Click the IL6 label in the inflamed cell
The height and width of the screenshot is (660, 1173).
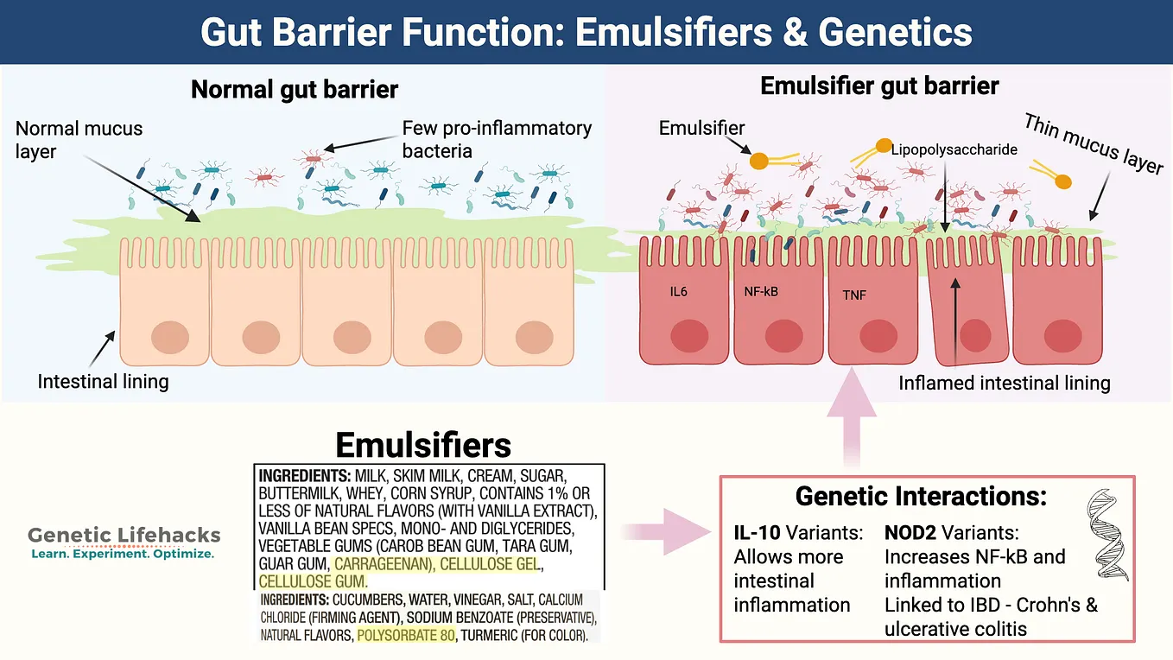678,292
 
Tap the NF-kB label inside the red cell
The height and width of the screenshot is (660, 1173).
761,291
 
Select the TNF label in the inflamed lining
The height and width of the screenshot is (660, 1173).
854,295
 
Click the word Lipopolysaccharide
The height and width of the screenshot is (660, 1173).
954,149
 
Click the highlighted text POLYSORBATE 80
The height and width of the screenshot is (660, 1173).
406,636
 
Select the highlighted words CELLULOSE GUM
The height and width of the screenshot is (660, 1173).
314,581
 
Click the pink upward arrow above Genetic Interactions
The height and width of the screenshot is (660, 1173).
852,417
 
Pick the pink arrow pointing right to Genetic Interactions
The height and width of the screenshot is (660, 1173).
666,531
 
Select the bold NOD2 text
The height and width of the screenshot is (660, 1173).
910,533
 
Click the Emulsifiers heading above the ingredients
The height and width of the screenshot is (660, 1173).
423,445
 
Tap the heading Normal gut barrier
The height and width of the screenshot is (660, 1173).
295,90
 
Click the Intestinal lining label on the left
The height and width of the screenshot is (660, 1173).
103,381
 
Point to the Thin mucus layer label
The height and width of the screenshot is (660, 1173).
1094,143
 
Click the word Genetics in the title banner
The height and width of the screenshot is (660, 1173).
896,33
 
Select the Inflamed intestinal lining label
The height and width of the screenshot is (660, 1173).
1005,383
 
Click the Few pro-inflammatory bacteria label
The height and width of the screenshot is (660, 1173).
497,139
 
